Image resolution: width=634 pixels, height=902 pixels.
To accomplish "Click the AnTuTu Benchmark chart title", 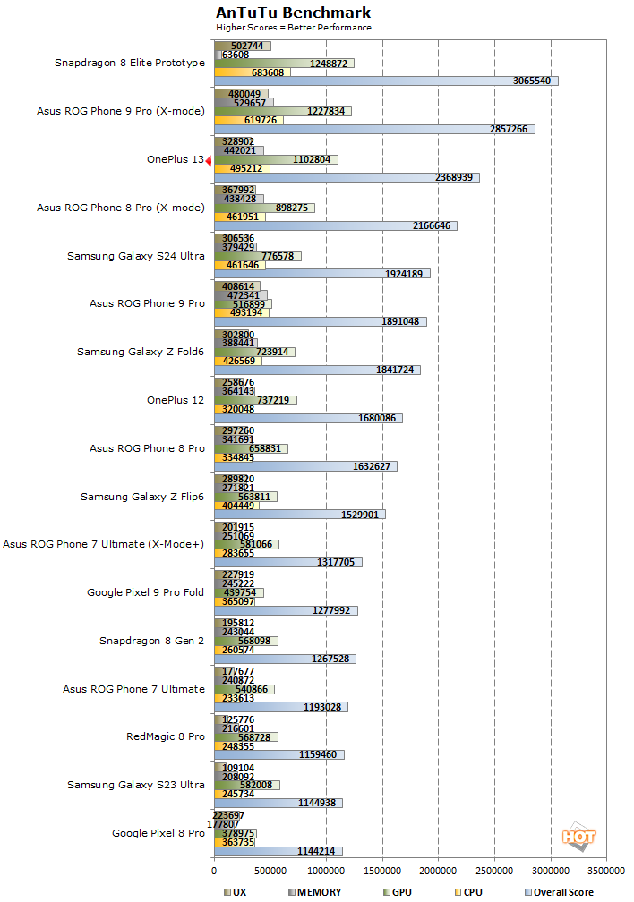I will click(x=293, y=13).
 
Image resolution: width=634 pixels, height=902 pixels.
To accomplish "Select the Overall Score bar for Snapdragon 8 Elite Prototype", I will click(x=385, y=81).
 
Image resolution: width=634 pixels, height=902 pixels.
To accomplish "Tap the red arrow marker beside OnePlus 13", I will click(x=208, y=160).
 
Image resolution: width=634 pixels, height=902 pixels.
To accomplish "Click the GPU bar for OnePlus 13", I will click(x=276, y=159).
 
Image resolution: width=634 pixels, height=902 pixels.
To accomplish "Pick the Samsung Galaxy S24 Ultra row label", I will click(x=136, y=256).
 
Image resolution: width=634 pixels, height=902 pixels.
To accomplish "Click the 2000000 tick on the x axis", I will click(x=437, y=870).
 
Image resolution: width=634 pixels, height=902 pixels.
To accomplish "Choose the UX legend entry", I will click(x=236, y=891).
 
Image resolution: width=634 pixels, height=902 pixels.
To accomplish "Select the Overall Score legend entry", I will click(x=560, y=891).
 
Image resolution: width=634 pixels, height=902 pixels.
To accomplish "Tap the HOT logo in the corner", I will click(x=578, y=838).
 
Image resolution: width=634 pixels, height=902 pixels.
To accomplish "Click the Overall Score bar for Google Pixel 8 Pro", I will click(x=278, y=851).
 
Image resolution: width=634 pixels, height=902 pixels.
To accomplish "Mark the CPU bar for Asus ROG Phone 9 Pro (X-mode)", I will click(x=248, y=119).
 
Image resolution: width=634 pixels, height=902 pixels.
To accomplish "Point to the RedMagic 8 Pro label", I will click(x=166, y=736).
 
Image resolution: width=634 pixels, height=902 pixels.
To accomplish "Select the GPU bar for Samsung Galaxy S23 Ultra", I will click(x=246, y=785).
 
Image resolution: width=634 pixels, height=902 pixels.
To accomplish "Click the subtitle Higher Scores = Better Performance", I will click(x=294, y=27).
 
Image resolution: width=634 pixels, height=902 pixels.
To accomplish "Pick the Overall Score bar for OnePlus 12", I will click(x=307, y=418).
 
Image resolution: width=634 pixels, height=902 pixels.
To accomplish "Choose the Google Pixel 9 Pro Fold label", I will click(x=145, y=592).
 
